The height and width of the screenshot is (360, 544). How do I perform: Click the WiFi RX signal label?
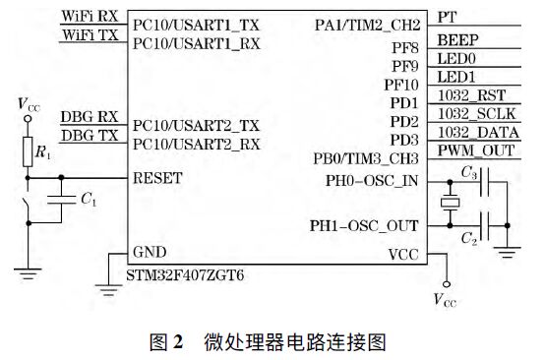[90, 18]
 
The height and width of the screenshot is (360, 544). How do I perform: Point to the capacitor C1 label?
[89, 200]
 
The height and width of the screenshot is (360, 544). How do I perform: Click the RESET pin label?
[157, 179]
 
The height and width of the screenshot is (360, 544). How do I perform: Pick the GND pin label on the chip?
[150, 251]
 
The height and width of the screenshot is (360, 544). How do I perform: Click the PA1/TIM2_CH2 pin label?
[369, 24]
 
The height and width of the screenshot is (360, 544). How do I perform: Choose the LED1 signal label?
[454, 76]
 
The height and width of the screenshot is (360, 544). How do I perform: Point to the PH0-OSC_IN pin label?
[372, 179]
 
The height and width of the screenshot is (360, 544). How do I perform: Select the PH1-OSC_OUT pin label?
[365, 224]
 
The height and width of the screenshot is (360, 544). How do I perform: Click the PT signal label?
[446, 18]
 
